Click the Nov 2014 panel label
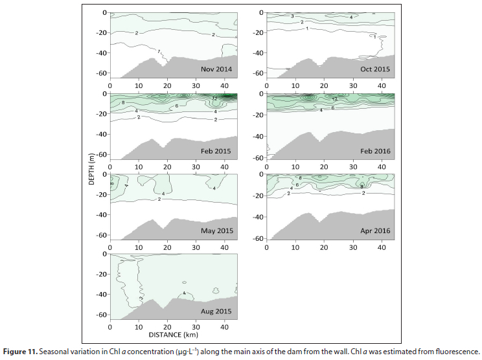tap(216, 69)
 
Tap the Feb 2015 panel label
tap(216, 150)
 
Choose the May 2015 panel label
tap(216, 231)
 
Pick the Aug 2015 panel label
tap(216, 311)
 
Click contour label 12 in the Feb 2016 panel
tap(334, 99)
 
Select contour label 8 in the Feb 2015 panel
tap(122, 103)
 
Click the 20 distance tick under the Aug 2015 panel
tap(167, 326)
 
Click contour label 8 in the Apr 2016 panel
tap(300, 177)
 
